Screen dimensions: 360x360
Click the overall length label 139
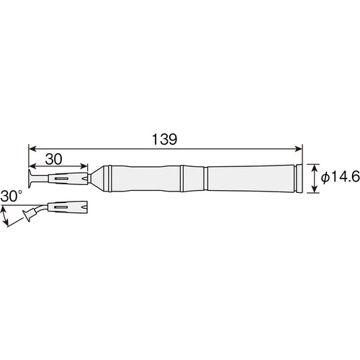pyautogui.click(x=165, y=140)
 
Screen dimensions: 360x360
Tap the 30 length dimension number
pyautogui.click(x=54, y=159)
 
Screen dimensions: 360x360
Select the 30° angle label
pyautogui.click(x=12, y=196)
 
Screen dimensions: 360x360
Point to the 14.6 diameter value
pyautogui.click(x=345, y=177)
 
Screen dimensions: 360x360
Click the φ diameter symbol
pyautogui.click(x=325, y=178)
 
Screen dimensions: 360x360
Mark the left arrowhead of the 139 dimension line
pyautogui.click(x=32, y=149)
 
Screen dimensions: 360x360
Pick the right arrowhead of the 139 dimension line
pyautogui.click(x=299, y=149)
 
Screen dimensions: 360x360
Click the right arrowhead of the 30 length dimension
pyautogui.click(x=84, y=166)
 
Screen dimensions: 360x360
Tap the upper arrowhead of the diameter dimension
pyautogui.click(x=314, y=168)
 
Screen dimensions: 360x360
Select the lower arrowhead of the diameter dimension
pyautogui.click(x=314, y=189)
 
